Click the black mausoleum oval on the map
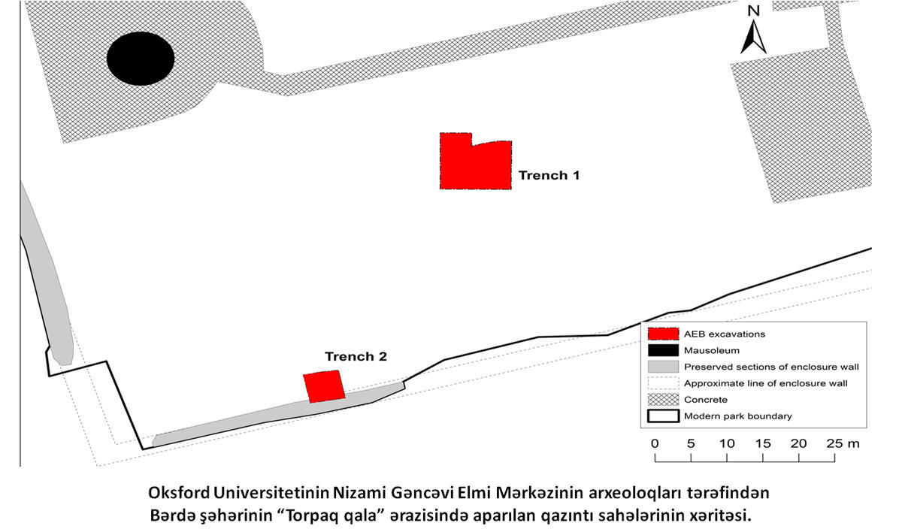(141, 59)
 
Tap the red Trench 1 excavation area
(475, 165)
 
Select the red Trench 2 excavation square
(324, 386)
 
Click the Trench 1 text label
(549, 176)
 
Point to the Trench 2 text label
(356, 356)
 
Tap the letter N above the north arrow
(754, 11)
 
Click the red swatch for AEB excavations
(663, 334)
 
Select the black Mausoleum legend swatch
(663, 350)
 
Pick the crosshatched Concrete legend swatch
(663, 400)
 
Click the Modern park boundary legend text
(738, 416)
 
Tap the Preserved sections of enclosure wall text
(771, 367)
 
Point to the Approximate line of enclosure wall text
(766, 383)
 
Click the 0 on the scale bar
(655, 444)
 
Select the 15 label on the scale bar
(763, 444)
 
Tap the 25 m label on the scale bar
(843, 444)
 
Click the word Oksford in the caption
(179, 493)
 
